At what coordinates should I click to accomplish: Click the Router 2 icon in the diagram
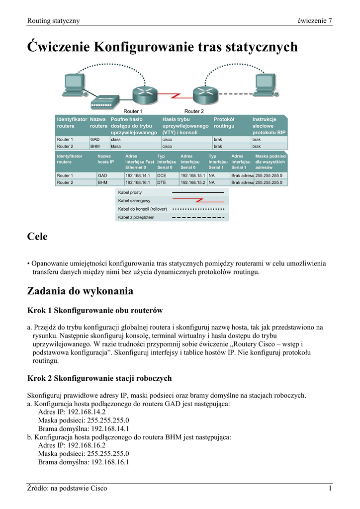pyautogui.click(x=197, y=94)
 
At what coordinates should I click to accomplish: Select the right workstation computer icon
pyautogui.click(x=264, y=85)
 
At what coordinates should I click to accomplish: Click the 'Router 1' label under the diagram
pyautogui.click(x=133, y=111)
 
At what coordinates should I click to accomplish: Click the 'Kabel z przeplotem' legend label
pyautogui.click(x=137, y=217)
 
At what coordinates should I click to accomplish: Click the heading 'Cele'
pyautogui.click(x=37, y=237)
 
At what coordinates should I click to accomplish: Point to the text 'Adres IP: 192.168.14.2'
pyautogui.click(x=72, y=412)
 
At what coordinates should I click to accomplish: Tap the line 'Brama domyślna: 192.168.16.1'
pyautogui.click(x=84, y=462)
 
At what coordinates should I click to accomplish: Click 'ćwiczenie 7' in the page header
pyautogui.click(x=314, y=20)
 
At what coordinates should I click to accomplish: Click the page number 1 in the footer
pyautogui.click(x=330, y=489)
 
